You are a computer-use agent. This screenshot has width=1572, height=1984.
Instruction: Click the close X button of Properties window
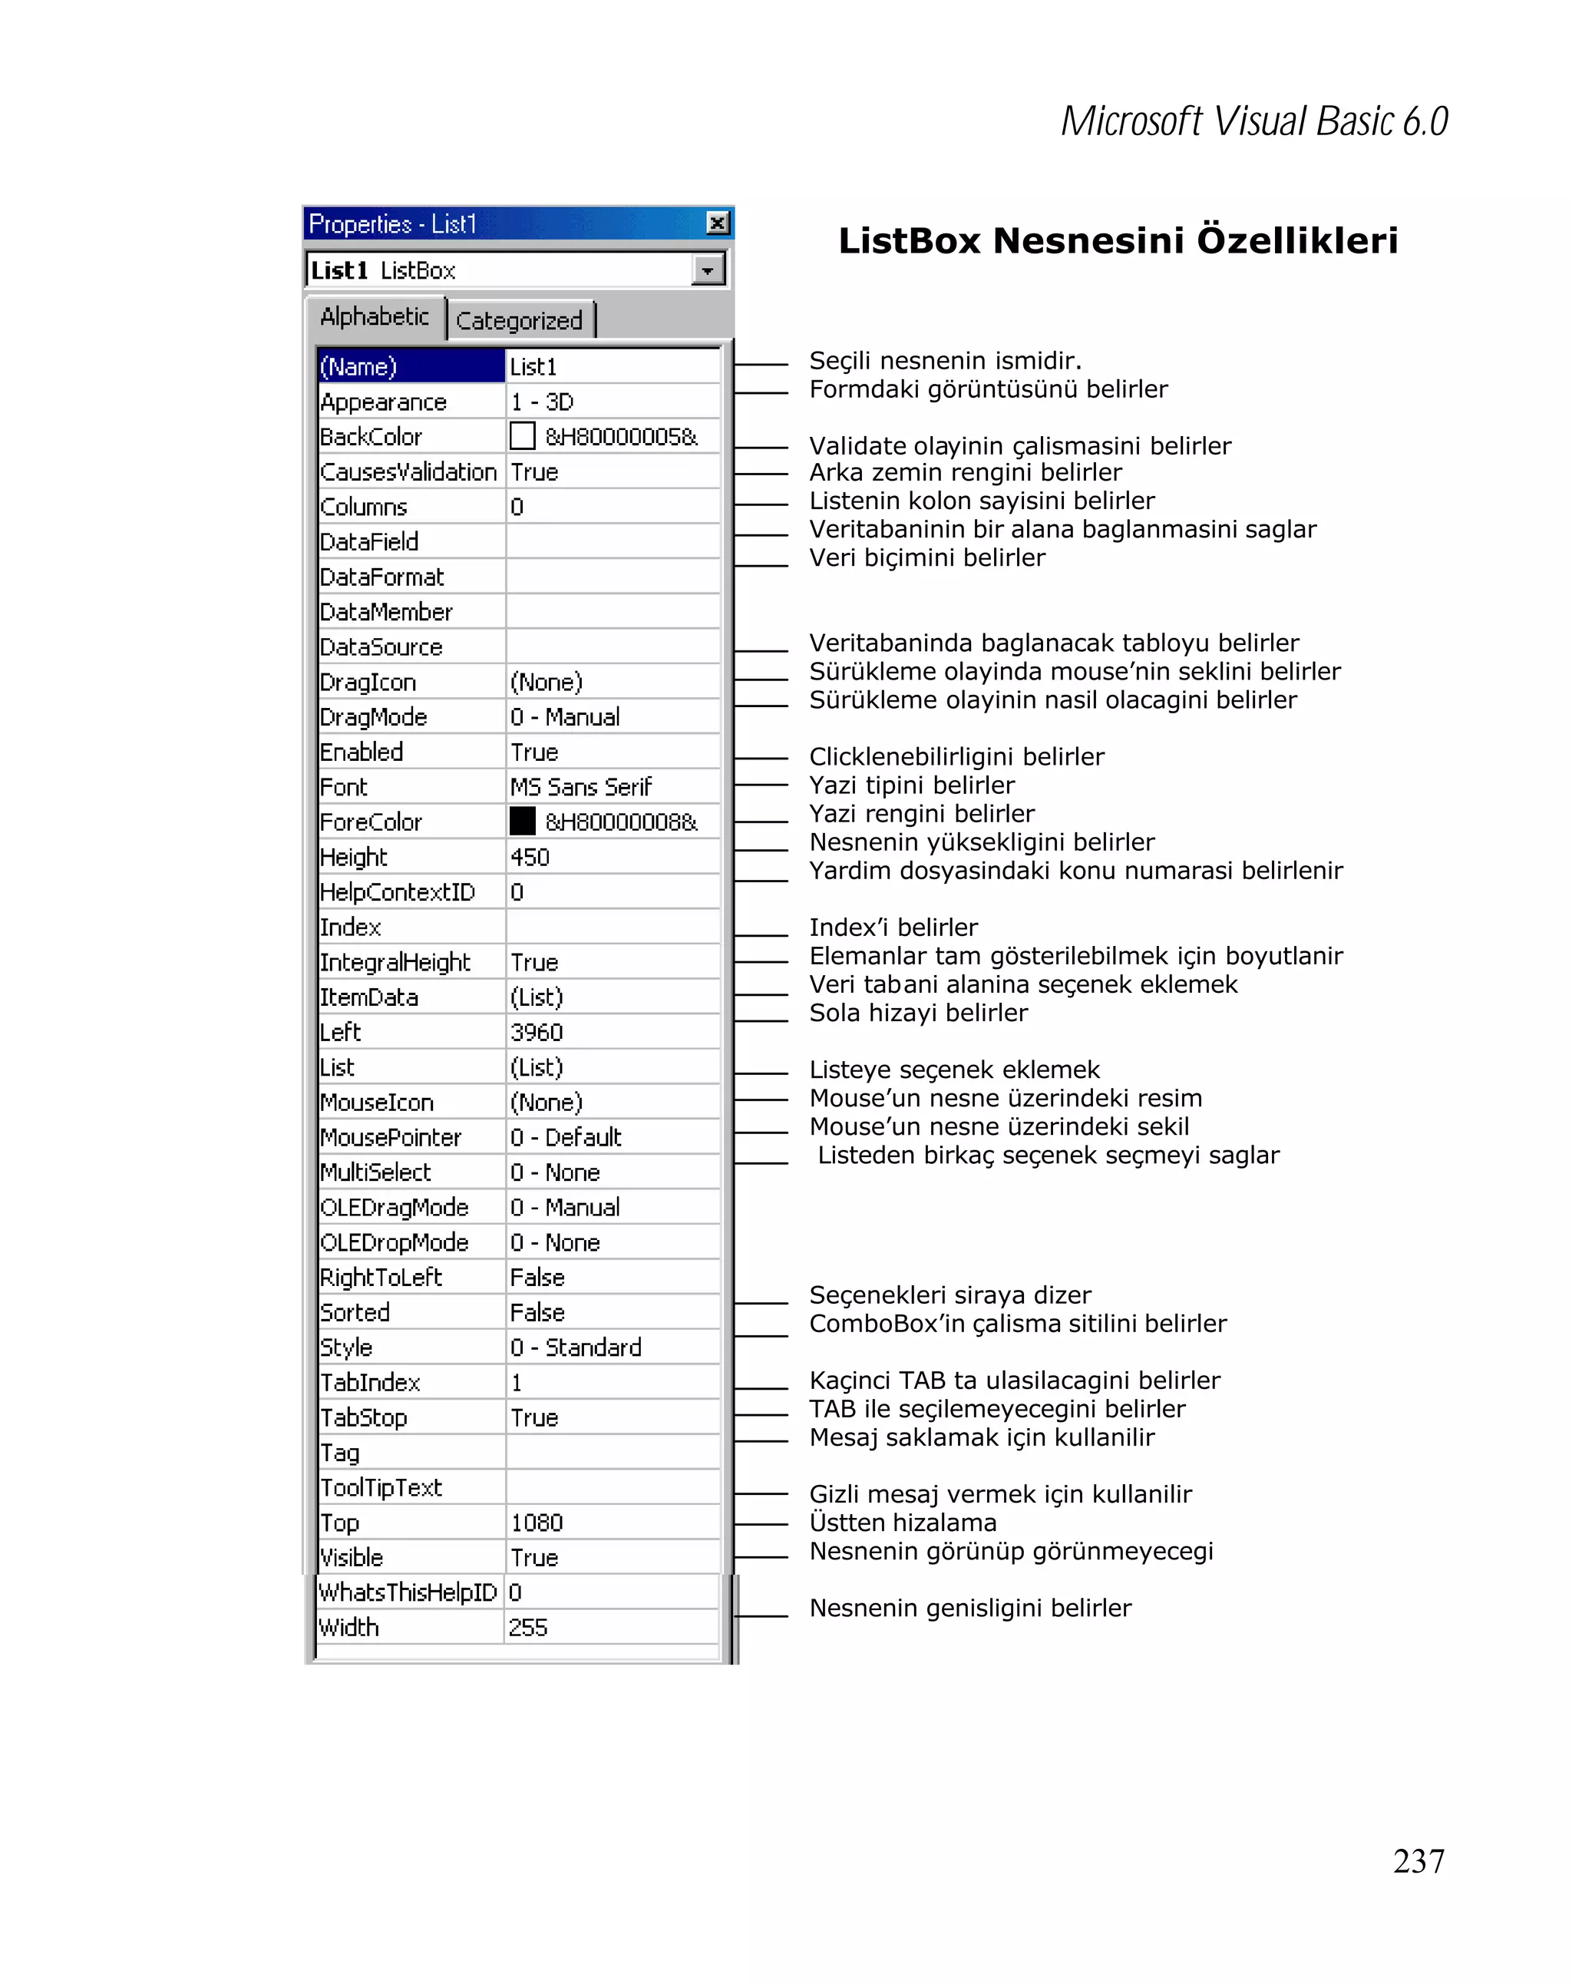717,223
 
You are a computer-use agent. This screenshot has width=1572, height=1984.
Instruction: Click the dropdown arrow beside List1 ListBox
706,270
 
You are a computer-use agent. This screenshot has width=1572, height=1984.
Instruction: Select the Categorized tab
519,320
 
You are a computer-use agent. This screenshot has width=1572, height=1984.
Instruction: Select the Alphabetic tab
375,316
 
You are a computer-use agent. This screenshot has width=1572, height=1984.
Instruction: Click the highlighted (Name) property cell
409,366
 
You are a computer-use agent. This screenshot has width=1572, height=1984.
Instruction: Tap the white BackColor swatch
521,436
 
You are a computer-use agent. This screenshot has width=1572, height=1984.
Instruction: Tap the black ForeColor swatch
521,821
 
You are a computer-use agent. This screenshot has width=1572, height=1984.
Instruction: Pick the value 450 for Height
530,857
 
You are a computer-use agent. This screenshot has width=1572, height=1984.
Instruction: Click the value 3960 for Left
537,1032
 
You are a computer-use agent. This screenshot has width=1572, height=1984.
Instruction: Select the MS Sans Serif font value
580,787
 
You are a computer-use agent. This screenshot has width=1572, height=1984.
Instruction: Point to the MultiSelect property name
375,1172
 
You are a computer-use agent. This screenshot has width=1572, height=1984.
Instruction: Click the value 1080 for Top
537,1522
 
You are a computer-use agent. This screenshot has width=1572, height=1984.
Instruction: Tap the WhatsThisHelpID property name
408,1592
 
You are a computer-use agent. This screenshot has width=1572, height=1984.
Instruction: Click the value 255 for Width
528,1627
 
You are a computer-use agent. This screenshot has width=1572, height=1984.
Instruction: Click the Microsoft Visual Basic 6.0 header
1253,121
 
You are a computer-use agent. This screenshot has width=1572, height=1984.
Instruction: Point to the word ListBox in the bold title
909,241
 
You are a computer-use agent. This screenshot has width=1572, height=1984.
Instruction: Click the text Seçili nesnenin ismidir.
945,360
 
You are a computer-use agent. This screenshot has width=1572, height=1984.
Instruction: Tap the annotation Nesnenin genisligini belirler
969,1608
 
